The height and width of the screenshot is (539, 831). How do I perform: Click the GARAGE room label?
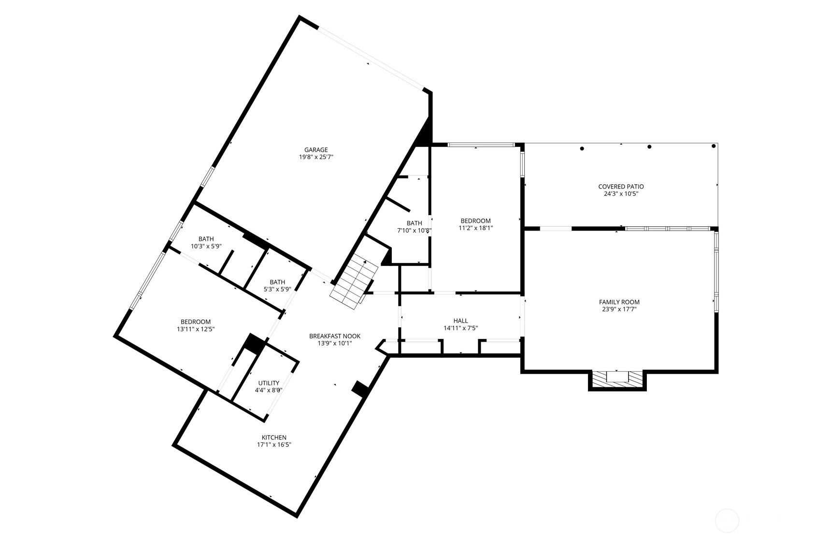316,150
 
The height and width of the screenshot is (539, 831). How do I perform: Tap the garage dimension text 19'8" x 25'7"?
316,157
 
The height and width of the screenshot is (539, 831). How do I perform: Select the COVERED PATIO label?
621,187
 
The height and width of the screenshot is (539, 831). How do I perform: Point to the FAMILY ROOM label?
619,302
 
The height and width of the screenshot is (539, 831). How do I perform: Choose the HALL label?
460,320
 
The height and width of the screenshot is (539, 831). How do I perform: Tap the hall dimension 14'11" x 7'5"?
460,328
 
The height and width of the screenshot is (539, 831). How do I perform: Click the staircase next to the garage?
354,284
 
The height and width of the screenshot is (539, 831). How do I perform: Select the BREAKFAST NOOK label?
335,336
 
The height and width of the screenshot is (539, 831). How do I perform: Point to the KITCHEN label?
274,437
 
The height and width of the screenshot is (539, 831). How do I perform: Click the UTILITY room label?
269,383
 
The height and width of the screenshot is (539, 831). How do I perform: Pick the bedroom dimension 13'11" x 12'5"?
196,329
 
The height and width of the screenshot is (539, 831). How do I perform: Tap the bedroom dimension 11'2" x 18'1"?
475,228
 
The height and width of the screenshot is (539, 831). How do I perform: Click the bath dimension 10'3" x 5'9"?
206,246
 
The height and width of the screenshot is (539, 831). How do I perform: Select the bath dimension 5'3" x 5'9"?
277,290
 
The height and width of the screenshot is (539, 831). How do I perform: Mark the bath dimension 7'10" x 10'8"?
414,231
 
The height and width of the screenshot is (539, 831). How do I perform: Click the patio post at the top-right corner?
714,146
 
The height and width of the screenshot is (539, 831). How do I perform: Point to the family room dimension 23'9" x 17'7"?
619,309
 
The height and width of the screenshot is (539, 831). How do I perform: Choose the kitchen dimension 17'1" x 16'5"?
274,445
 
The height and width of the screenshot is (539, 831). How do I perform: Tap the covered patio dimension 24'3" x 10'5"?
621,194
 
